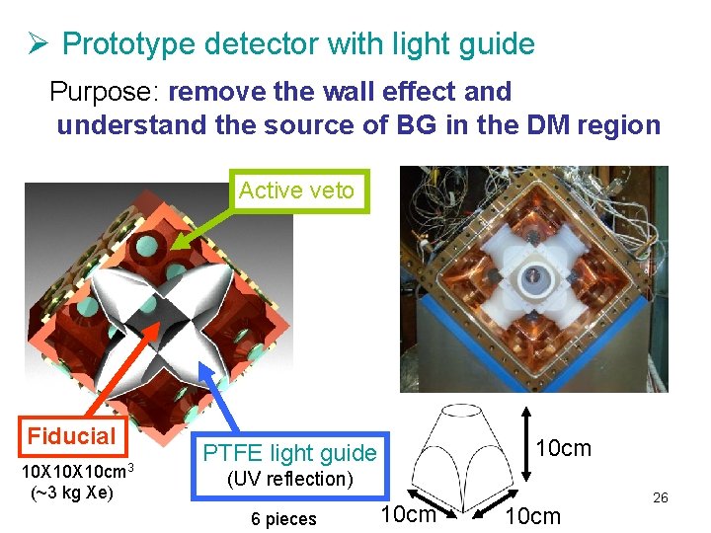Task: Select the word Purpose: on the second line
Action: [x=106, y=92]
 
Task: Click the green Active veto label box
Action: [x=296, y=190]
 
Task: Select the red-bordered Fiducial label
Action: [x=72, y=436]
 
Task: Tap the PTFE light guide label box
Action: [x=290, y=453]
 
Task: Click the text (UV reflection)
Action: [x=290, y=479]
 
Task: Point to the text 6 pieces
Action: [x=283, y=519]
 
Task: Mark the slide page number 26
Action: [x=661, y=497]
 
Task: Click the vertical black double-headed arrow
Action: [x=526, y=445]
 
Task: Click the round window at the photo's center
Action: [x=535, y=278]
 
